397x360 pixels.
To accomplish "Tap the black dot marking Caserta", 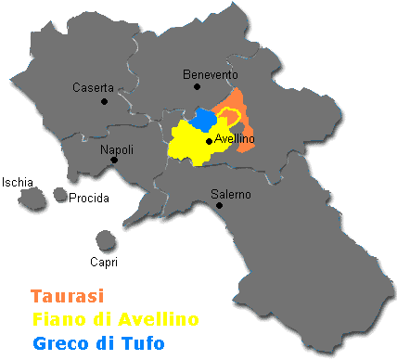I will coord(105,100).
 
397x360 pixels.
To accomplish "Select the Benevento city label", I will coord(210,74).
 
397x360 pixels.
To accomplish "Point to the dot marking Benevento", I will coord(197,86).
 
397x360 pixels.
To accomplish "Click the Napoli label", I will coord(117,149).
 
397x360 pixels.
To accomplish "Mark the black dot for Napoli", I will coord(114,161).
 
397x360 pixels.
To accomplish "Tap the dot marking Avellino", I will coord(209,142).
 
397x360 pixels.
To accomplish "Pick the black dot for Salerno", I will coord(219,205).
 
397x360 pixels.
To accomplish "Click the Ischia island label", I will coord(18,182).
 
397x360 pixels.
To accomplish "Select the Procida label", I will coord(89,198).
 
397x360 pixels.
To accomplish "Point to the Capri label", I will coord(105,261).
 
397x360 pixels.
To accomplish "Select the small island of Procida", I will coord(60,194).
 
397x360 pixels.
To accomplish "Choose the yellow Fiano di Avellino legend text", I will coord(114,320).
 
